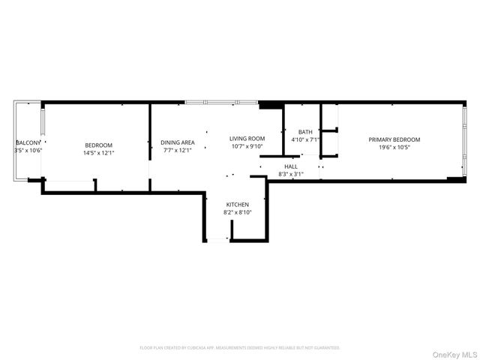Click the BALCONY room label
[28, 142]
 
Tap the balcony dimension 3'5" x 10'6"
[28, 150]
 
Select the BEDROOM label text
[98, 145]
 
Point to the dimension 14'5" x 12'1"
[98, 152]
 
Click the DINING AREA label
[178, 142]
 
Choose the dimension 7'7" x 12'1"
[178, 150]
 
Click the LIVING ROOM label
[247, 139]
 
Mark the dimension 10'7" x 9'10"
[247, 146]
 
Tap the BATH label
[305, 132]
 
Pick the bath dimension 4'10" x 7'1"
[305, 139]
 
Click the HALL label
[290, 166]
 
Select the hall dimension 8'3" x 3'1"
[290, 174]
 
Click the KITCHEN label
[237, 205]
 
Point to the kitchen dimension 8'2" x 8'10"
[237, 212]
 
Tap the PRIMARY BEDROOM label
[394, 139]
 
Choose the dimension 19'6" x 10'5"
[394, 147]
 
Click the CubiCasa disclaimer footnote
[240, 348]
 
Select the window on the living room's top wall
[221, 102]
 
